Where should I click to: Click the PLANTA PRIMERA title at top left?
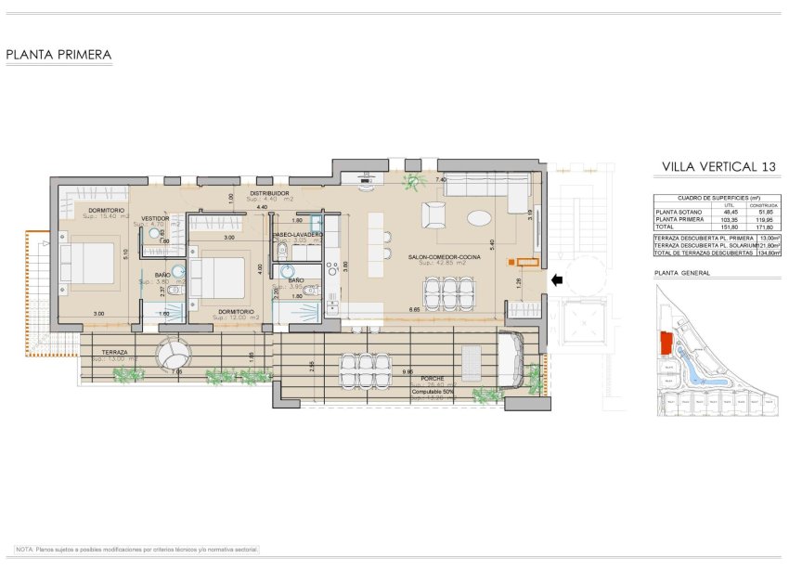(58, 55)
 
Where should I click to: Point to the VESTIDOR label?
(155, 218)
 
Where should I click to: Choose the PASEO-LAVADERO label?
(298, 235)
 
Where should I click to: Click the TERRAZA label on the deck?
(116, 353)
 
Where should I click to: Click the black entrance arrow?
(558, 279)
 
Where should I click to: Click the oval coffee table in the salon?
(481, 218)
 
